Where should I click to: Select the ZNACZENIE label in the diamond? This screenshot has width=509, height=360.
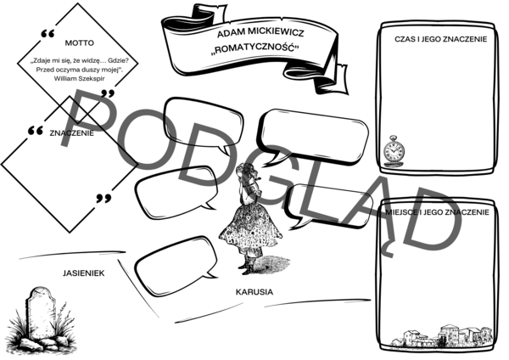(72, 133)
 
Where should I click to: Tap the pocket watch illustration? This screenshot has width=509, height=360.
(392, 150)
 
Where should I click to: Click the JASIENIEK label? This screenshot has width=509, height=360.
(81, 273)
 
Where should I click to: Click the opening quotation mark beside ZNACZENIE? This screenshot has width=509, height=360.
(36, 133)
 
